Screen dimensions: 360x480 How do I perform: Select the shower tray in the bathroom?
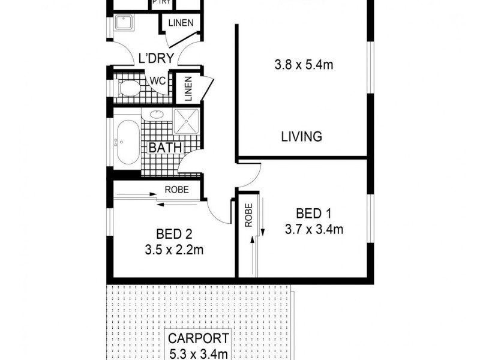[187, 121]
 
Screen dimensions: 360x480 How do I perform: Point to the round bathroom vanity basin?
[158, 115]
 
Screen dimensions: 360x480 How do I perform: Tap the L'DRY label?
[155, 58]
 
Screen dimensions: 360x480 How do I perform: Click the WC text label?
[157, 80]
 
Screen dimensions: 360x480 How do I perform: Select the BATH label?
[161, 148]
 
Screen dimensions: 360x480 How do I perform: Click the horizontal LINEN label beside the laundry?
[181, 23]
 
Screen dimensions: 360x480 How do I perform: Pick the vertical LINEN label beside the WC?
[187, 89]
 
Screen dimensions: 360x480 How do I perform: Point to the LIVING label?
[301, 136]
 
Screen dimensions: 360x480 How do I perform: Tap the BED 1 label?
[314, 214]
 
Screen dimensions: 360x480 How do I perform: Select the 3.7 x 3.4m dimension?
[314, 230]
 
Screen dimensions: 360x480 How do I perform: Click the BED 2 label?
[173, 233]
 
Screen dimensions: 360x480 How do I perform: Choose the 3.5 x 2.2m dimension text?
[173, 250]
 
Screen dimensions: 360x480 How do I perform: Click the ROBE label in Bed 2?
[177, 190]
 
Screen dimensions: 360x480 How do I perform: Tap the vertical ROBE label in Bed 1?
[248, 214]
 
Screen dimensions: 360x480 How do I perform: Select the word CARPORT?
[197, 339]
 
